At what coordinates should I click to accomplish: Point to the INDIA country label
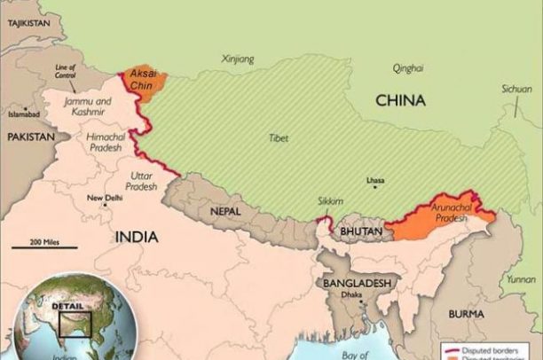137,237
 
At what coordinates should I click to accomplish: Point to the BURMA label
466,314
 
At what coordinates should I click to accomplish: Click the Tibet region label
278,138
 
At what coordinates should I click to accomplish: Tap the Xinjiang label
238,59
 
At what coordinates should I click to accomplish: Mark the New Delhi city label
105,198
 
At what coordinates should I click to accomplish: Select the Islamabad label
24,114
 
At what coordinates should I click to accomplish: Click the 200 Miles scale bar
44,247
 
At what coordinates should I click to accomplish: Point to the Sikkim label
329,201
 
